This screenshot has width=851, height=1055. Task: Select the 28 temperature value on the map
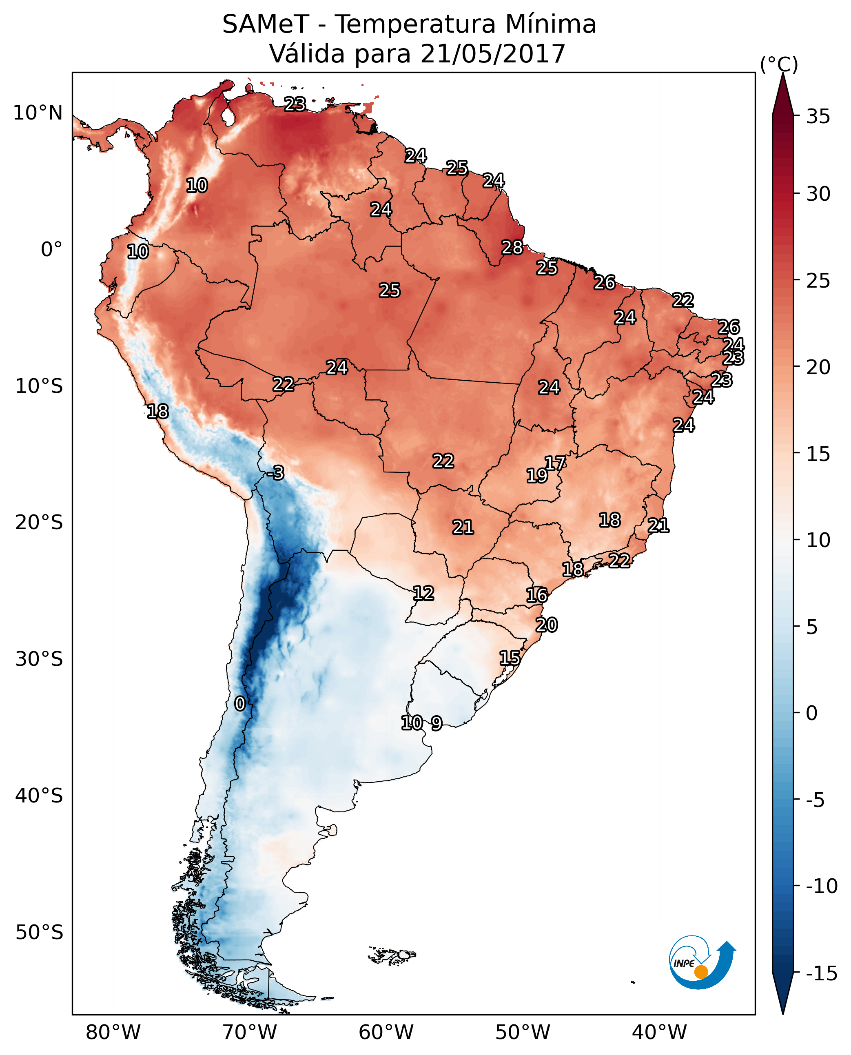[x=512, y=248]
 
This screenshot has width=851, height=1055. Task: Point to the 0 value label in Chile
[x=240, y=703]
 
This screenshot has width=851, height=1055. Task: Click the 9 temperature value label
[x=436, y=723]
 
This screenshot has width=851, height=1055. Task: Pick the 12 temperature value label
[x=423, y=593]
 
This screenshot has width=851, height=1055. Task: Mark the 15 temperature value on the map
[x=510, y=658]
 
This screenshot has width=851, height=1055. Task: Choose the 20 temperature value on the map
[x=547, y=625]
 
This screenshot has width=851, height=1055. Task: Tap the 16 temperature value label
[x=537, y=595]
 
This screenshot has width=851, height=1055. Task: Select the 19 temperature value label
[x=537, y=476]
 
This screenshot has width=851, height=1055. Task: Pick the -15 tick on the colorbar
[x=822, y=973]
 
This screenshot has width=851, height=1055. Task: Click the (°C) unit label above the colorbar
[x=779, y=64]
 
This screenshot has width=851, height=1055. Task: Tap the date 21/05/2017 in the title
[x=493, y=53]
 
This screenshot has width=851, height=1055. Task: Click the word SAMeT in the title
[x=266, y=24]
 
